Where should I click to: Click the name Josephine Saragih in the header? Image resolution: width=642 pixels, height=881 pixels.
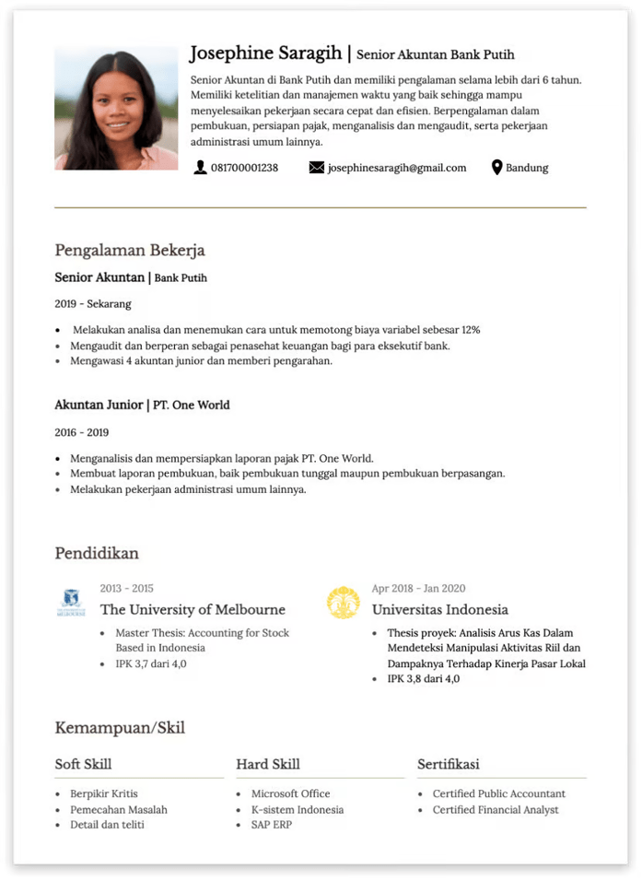[265, 53]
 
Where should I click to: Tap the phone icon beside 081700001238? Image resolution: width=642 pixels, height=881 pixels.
[200, 168]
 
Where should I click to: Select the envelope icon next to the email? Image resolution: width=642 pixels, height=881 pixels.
[317, 168]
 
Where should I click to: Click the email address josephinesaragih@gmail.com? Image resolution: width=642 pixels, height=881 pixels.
[397, 168]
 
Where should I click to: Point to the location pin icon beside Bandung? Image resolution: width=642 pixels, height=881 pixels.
[497, 168]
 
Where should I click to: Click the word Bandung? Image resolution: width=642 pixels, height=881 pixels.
[527, 168]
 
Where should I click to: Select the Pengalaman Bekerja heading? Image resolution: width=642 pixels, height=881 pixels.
[130, 250]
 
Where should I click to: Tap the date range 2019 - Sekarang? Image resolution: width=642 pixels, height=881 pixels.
[93, 303]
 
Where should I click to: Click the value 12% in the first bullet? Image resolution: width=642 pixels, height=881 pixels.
[471, 329]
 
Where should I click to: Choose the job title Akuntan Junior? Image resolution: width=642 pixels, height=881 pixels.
[99, 405]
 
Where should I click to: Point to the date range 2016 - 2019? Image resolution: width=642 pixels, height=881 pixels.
[82, 432]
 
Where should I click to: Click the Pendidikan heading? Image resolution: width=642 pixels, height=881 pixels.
[97, 553]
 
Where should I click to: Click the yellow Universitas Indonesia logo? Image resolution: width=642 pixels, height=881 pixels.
[344, 603]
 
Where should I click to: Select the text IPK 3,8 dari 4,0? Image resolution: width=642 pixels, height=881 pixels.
[424, 679]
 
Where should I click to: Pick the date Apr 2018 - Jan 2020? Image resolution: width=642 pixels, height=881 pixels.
[418, 588]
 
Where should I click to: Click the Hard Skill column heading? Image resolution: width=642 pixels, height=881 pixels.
[268, 764]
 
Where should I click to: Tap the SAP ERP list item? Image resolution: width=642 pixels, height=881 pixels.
[272, 825]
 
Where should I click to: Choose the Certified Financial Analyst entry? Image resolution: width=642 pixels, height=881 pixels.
[496, 810]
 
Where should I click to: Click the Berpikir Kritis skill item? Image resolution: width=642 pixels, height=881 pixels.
[104, 793]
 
